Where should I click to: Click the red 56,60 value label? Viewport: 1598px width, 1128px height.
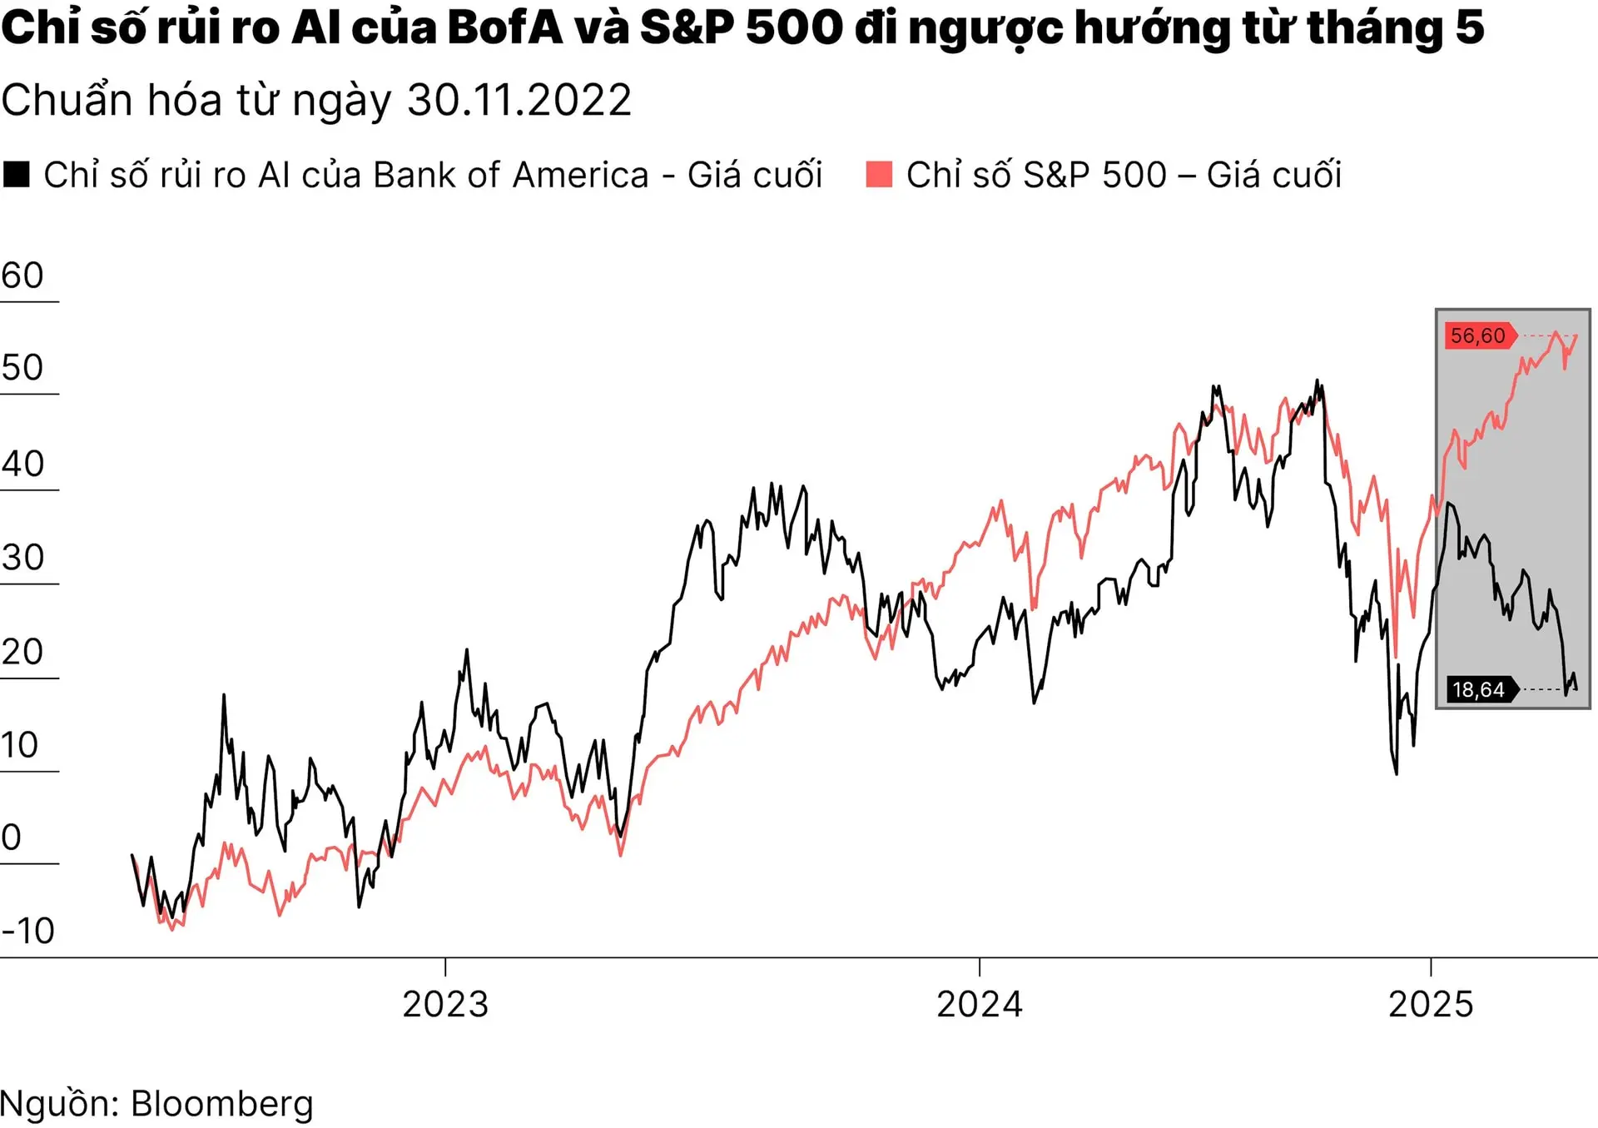pos(1478,335)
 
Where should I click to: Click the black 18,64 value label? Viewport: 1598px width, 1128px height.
pos(1479,689)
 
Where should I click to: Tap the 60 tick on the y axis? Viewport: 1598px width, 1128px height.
pos(22,276)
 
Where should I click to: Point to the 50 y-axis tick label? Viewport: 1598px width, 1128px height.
pos(22,368)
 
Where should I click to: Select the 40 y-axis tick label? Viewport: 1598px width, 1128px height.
pos(22,464)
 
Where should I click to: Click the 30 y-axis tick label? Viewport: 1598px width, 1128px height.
pos(22,558)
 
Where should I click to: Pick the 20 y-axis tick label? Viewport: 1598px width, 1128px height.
pos(22,652)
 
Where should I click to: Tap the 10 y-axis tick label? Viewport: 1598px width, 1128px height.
pos(20,745)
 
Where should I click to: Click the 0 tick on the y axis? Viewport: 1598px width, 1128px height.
pos(11,837)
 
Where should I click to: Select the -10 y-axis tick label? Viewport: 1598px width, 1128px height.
pos(28,931)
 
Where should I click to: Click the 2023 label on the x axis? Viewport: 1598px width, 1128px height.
pos(445,1004)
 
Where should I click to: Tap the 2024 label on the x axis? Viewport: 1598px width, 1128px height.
pos(980,1004)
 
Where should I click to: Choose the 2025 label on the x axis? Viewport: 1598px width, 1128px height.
pos(1431,1004)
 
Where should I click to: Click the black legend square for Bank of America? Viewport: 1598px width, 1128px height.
pos(17,175)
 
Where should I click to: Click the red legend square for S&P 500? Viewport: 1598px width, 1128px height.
pos(879,175)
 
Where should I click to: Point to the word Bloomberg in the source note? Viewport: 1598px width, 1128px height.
pos(222,1104)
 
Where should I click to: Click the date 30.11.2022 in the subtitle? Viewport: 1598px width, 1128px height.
pos(519,101)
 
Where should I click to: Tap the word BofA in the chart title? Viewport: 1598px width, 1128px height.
pos(504,27)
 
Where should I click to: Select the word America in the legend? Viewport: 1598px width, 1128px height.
pos(580,175)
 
